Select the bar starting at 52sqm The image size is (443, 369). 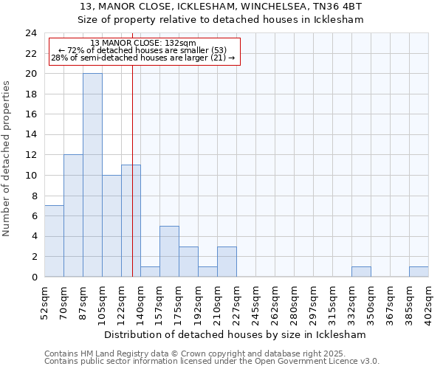click(x=54, y=241)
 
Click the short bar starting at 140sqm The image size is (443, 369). click(x=150, y=272)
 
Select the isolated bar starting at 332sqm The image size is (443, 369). click(x=361, y=272)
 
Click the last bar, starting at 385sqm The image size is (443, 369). click(x=419, y=272)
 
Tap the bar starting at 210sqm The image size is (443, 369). click(x=227, y=261)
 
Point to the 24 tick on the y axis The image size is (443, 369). click(x=31, y=33)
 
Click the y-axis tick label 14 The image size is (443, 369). click(x=31, y=135)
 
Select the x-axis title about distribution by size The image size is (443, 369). click(x=237, y=334)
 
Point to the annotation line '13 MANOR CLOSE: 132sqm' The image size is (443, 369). click(x=143, y=43)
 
